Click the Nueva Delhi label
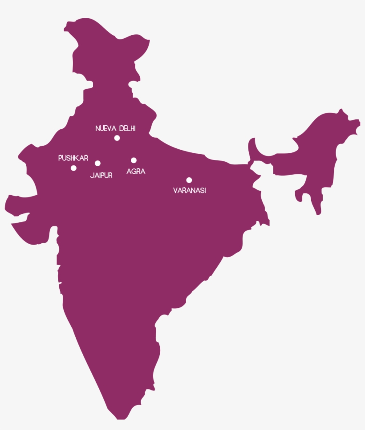(115, 128)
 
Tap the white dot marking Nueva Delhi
(117, 138)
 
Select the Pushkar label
(73, 158)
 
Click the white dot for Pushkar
(73, 168)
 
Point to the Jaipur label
(101, 176)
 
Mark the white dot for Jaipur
(97, 163)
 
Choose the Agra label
(136, 171)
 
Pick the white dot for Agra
(134, 160)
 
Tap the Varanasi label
(189, 190)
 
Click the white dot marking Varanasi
(189, 180)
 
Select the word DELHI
(127, 128)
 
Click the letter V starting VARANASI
(175, 190)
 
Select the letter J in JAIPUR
(92, 176)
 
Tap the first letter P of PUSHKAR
(60, 158)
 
